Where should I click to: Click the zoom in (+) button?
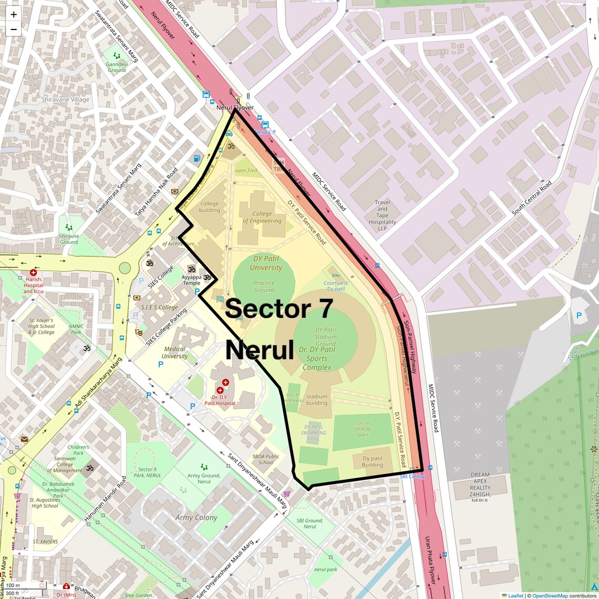(14, 15)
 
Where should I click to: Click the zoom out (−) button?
(14, 29)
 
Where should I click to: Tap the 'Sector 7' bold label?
(279, 308)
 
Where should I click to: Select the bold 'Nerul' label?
(260, 350)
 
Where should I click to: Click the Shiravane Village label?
(66, 100)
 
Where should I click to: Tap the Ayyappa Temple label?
(191, 280)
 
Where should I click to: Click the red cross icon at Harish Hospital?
(34, 273)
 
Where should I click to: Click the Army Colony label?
(196, 518)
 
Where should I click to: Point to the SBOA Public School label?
(266, 459)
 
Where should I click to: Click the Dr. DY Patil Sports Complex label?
(317, 358)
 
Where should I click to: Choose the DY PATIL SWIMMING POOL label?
(314, 433)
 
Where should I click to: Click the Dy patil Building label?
(373, 461)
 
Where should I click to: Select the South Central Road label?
(532, 198)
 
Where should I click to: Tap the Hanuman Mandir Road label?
(106, 499)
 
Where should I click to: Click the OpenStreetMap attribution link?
(550, 595)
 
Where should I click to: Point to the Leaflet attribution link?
(515, 595)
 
